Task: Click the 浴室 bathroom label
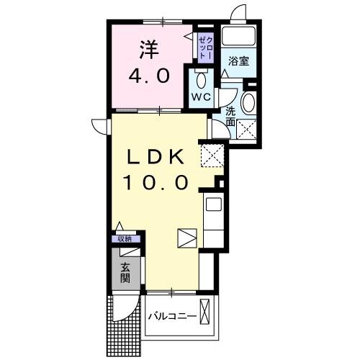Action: (238, 60)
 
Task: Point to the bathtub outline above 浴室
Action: (238, 36)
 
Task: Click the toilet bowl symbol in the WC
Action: (201, 78)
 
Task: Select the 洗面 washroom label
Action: (230, 117)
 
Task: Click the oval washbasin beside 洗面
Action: (248, 103)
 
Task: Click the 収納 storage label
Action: (125, 239)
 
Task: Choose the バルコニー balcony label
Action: (173, 316)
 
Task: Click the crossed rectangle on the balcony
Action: (207, 315)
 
